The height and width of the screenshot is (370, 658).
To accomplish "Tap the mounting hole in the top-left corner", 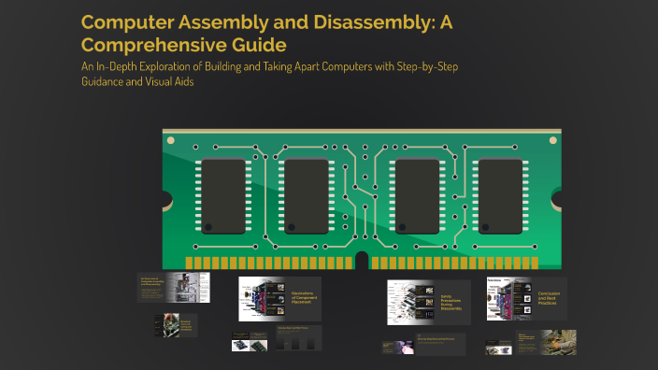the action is pos(170,139).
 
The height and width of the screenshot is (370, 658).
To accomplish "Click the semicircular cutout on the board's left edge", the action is pos(165,199).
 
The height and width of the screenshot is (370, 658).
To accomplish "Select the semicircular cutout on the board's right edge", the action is pos(560,199).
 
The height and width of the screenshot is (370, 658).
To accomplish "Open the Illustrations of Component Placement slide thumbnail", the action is pos(279,299).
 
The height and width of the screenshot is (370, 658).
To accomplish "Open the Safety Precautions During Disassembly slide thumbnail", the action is pos(428,302).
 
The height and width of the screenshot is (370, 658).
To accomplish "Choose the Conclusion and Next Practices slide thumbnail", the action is pos(526,299).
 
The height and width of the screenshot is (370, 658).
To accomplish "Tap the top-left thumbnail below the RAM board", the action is pos(173,287).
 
